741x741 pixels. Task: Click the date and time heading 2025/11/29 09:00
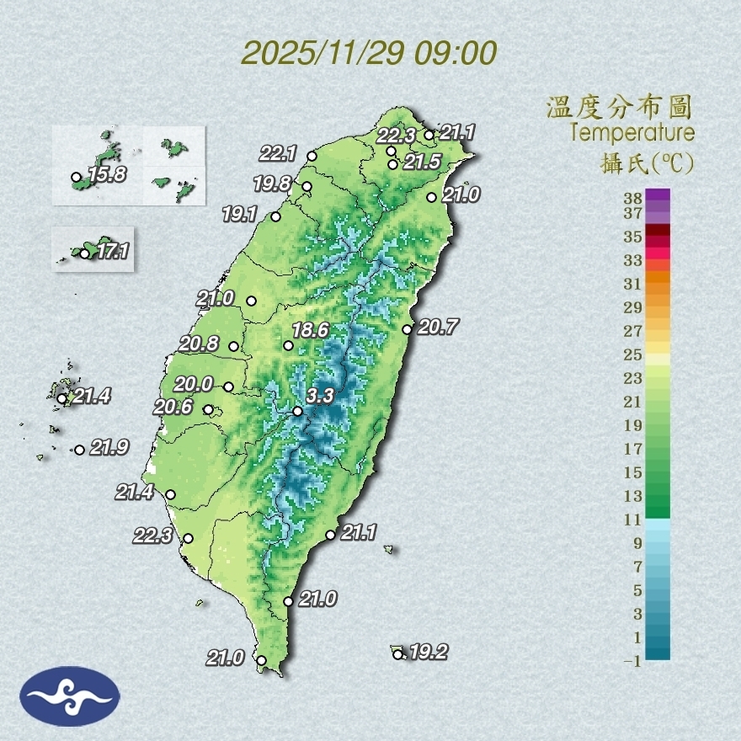pyautogui.click(x=369, y=53)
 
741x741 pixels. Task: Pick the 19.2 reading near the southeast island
pyautogui.click(x=429, y=652)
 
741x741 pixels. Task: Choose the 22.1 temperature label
pyautogui.click(x=278, y=153)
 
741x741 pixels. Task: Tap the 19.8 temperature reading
pyautogui.click(x=271, y=183)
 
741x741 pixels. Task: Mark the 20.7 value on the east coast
pyautogui.click(x=437, y=327)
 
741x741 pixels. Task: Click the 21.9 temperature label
pyautogui.click(x=109, y=448)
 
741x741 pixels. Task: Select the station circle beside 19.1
pyautogui.click(x=275, y=217)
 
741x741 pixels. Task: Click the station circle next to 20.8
pyautogui.click(x=234, y=346)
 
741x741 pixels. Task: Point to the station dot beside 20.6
pyautogui.click(x=209, y=410)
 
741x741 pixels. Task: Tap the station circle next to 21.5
pyautogui.click(x=392, y=164)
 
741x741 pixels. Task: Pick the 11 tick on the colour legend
pyautogui.click(x=633, y=520)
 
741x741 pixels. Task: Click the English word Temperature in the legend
pyautogui.click(x=632, y=133)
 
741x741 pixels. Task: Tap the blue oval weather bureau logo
pyautogui.click(x=70, y=696)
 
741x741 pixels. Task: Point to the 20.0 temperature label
pyautogui.click(x=194, y=385)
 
